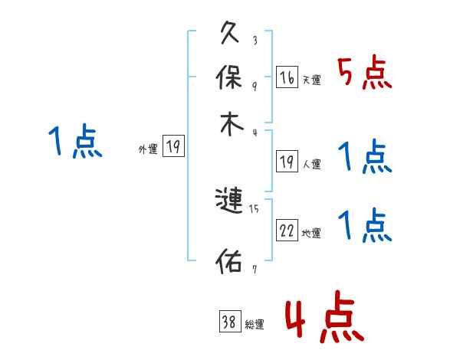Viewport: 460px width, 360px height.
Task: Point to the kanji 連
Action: click(x=231, y=202)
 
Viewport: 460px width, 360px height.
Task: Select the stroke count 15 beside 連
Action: click(x=255, y=208)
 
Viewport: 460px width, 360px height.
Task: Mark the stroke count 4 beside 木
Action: click(x=255, y=132)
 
